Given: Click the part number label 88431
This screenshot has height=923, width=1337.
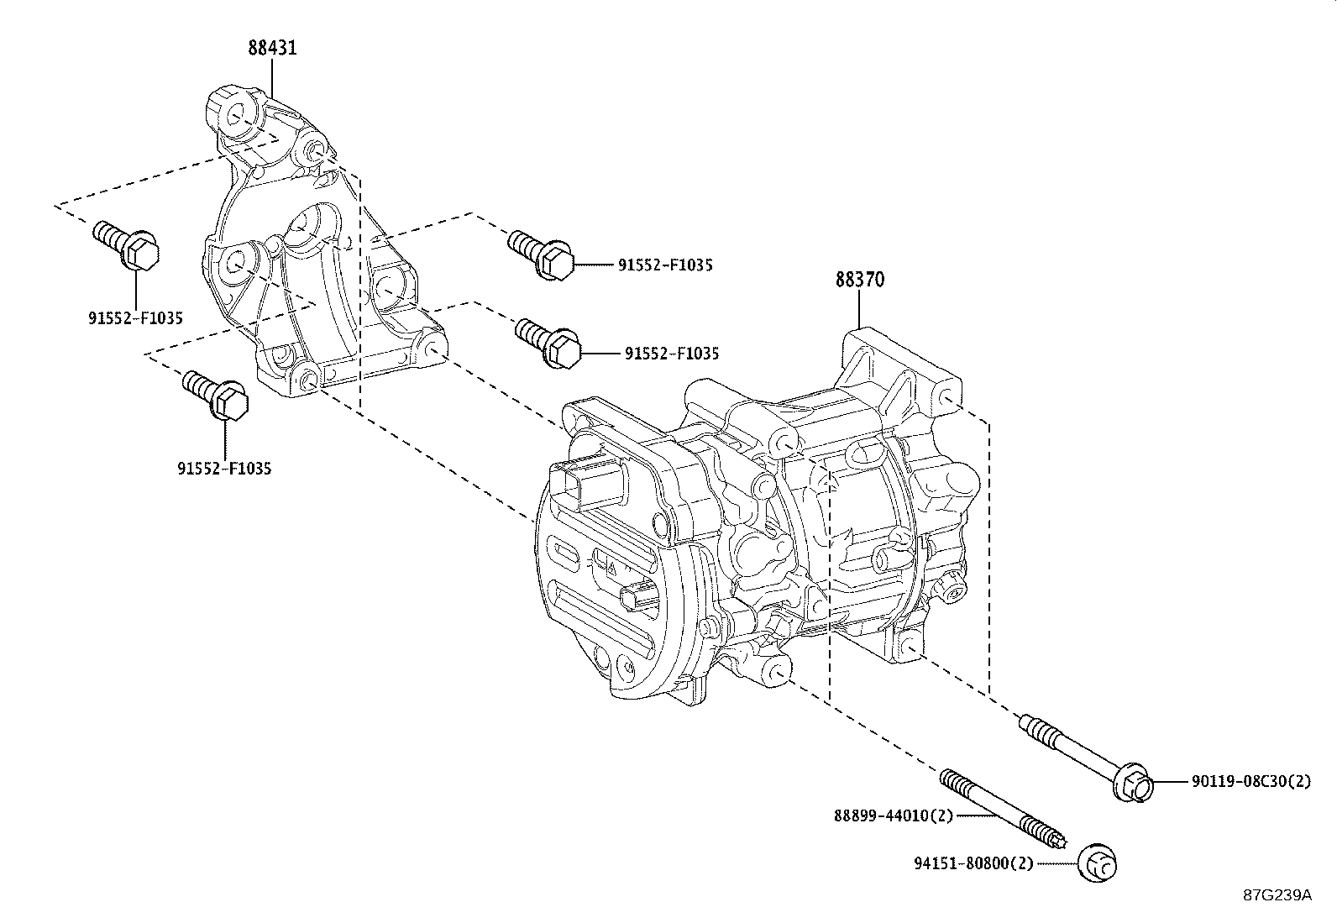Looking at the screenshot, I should coord(272,48).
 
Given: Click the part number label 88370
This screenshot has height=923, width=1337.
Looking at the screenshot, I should coord(859,279).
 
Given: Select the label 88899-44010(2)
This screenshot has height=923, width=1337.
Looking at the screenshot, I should coord(894,815).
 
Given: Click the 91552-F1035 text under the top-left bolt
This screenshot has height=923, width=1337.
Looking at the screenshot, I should coord(135,317).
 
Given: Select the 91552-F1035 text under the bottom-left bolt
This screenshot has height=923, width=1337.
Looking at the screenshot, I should coord(224,468).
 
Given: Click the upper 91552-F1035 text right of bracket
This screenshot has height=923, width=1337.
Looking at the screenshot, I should coord(665,265).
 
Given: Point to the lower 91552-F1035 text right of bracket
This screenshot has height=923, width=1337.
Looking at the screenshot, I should coord(671,354).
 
